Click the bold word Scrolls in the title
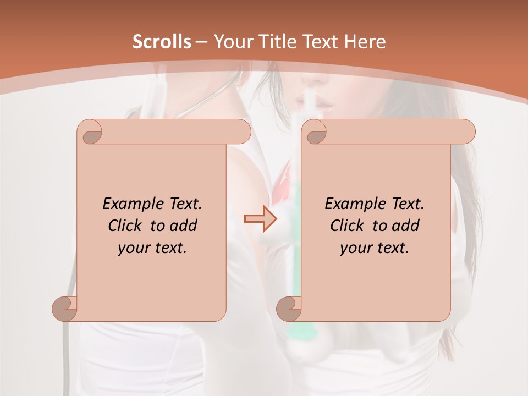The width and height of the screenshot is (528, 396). pos(162,42)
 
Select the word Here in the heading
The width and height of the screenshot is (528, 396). pos(365,42)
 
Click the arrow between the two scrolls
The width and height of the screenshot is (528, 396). pos(260,219)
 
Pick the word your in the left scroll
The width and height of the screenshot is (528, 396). pos(131,248)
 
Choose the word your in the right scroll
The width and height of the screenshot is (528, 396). pos(353,248)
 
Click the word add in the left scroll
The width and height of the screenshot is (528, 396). pos(184,226)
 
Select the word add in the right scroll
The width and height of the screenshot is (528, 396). pos(406,226)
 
